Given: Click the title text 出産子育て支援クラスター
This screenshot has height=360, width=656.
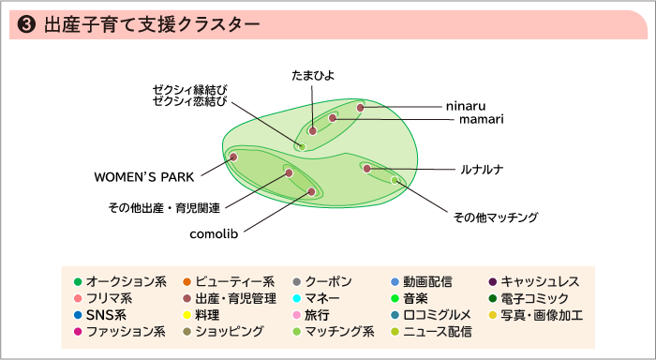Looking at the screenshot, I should (x=150, y=25).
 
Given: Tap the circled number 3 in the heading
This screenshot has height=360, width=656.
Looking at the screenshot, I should (x=27, y=25).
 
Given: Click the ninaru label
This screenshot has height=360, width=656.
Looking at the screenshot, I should (x=466, y=107).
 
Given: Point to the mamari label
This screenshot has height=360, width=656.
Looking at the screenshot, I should (x=482, y=120).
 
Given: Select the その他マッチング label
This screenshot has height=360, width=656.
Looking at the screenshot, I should (x=495, y=217).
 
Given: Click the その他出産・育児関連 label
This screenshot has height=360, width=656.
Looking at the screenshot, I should (x=164, y=207).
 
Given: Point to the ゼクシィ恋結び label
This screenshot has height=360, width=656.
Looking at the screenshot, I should (x=190, y=101).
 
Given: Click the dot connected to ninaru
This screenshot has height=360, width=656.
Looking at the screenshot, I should (x=360, y=108).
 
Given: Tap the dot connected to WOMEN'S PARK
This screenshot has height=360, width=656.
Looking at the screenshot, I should (x=233, y=157).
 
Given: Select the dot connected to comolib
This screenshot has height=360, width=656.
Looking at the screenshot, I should (x=312, y=191).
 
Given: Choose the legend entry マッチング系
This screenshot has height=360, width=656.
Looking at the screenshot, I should (x=339, y=331).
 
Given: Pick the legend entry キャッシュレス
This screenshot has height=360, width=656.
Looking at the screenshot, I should (x=540, y=281).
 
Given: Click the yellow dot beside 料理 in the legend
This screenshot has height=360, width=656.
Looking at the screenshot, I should (x=187, y=315).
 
